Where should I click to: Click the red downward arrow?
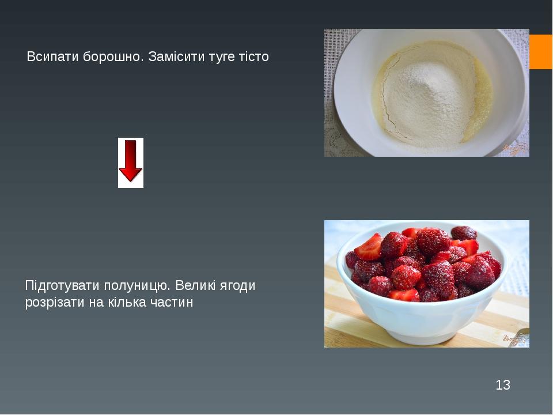coord(131,163)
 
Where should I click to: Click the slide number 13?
coord(502,385)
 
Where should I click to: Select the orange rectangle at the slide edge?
coord(541,52)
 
